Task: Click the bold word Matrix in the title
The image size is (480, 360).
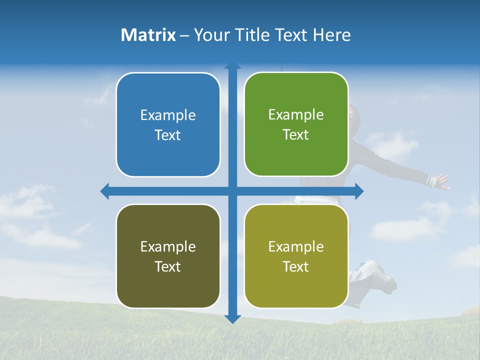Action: pos(148,35)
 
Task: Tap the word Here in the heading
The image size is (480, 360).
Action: pos(331,35)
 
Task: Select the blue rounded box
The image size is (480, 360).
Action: pos(168,124)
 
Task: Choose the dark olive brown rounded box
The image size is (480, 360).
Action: pos(168,256)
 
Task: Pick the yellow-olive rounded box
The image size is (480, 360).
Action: pos(296,256)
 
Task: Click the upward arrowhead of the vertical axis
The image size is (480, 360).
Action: pos(232,65)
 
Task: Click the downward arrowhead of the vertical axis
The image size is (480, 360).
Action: pos(232,318)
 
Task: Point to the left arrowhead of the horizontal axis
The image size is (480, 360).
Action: pos(105,191)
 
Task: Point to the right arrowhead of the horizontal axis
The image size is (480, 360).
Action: pos(359,191)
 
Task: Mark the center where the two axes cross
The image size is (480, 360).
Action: pos(232,191)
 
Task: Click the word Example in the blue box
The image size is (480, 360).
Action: pos(168,115)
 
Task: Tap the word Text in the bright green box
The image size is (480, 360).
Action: pos(296,135)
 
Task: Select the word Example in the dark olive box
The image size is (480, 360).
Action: pos(168,246)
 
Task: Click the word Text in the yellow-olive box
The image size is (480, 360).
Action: pos(296,266)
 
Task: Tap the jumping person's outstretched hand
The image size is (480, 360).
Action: pos(441,181)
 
